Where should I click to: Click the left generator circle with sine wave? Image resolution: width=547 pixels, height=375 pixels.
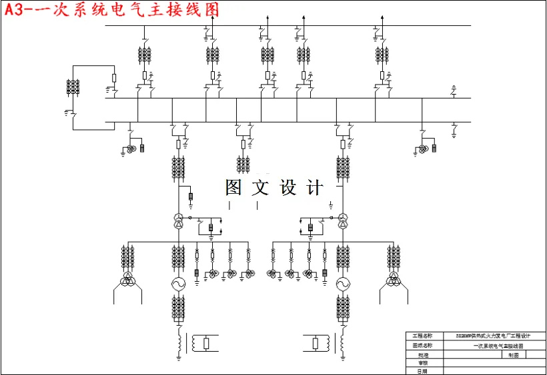[178, 284]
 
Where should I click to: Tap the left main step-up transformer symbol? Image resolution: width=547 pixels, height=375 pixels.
[178, 221]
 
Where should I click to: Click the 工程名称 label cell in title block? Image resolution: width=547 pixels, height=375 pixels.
[424, 336]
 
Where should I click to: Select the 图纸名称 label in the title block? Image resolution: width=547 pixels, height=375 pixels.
[424, 346]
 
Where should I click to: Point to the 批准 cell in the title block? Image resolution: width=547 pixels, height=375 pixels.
[424, 354]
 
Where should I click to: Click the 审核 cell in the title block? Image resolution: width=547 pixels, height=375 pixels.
[424, 363]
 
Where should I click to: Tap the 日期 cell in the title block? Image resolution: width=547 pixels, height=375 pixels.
[424, 371]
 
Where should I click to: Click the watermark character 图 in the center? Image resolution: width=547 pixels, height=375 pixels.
[233, 188]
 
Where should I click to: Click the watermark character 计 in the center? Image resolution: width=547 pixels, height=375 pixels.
[315, 188]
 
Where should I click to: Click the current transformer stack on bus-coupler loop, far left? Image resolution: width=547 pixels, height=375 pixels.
[73, 87]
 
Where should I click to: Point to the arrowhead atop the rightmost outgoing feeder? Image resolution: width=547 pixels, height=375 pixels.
[380, 15]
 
